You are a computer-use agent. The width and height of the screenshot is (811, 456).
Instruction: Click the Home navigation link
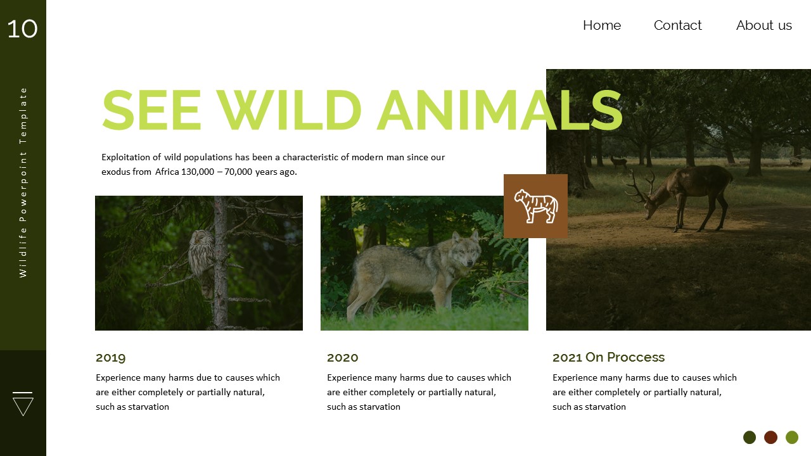601,25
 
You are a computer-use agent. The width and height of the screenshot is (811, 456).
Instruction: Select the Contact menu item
677,25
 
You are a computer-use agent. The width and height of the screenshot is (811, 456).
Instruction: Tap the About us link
763,25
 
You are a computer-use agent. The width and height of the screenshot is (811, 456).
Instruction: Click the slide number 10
22,28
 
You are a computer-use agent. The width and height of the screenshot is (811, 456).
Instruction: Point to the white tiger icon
535,206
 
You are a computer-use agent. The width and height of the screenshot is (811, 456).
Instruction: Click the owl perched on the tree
201,256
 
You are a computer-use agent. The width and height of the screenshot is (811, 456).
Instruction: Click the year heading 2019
111,357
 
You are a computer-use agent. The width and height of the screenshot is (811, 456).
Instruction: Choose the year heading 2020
342,357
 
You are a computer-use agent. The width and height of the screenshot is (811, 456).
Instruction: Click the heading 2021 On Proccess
608,357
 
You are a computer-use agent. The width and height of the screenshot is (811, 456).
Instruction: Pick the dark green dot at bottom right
750,437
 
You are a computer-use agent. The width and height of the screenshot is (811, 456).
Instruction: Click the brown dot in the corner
770,437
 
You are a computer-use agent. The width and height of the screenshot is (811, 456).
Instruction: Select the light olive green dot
792,437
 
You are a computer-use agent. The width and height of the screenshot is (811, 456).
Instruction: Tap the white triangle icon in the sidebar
23,403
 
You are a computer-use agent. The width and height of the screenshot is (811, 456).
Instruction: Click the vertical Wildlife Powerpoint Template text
23,182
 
